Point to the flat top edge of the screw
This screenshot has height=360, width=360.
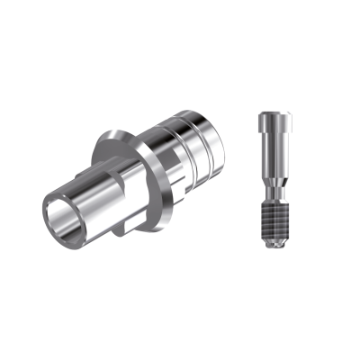click(x=273, y=112)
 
